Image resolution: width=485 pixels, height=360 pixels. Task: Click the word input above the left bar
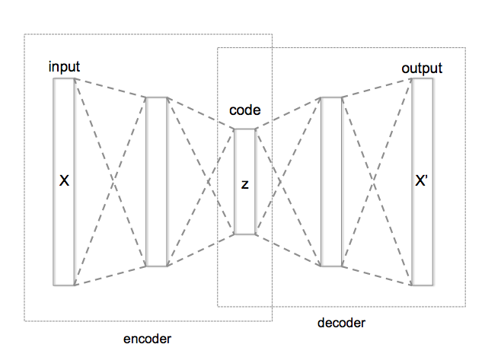[65, 67]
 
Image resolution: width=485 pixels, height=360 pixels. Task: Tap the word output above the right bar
[421, 68]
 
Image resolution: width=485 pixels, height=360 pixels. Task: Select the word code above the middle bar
[245, 110]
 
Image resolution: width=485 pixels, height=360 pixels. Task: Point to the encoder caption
[147, 338]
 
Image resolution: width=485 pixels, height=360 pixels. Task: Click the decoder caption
[341, 323]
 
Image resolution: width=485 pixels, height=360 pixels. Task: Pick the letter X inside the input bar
[64, 182]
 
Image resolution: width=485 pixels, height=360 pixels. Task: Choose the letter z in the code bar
[245, 184]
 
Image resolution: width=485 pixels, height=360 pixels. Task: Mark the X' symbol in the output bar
[422, 183]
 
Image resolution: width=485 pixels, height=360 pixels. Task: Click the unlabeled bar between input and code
[156, 182]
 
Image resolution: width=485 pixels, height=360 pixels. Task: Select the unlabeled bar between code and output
[332, 182]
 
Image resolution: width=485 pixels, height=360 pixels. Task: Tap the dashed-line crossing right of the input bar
[110, 182]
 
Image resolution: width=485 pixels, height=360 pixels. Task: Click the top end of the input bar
[64, 78]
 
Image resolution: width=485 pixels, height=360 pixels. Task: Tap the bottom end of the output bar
[422, 285]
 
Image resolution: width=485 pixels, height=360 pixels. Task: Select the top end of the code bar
[245, 129]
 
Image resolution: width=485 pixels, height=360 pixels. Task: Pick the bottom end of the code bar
[245, 234]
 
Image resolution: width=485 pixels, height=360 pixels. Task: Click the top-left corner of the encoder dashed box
[24, 35]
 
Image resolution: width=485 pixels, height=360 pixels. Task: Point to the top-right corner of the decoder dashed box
[467, 48]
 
